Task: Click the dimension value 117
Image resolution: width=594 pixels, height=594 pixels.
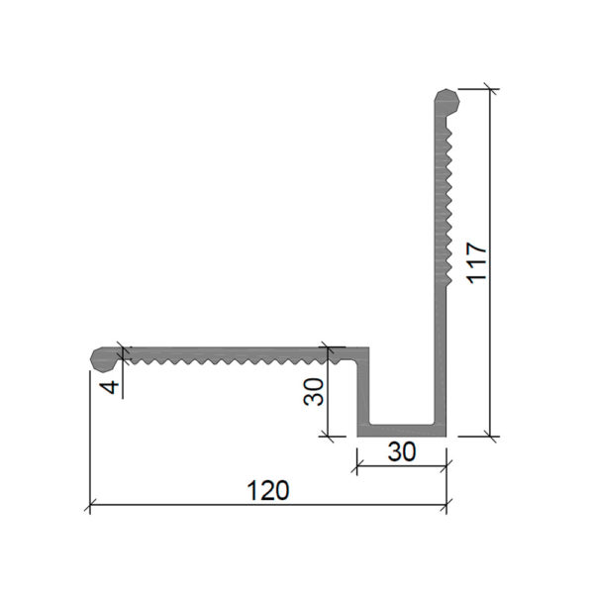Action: [x=476, y=262]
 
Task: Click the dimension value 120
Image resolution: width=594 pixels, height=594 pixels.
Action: [x=268, y=490]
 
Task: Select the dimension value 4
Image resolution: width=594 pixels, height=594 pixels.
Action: [x=110, y=387]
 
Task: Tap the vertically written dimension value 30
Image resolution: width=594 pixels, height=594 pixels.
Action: [x=314, y=392]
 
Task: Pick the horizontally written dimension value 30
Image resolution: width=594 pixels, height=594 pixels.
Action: [x=402, y=451]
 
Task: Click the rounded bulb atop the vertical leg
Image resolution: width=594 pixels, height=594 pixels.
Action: [x=447, y=102]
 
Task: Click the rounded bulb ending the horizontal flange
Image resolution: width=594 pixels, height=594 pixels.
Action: [x=104, y=359]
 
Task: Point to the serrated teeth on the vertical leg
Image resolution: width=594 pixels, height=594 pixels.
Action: [x=448, y=204]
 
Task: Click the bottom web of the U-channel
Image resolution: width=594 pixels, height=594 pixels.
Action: [x=402, y=431]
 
